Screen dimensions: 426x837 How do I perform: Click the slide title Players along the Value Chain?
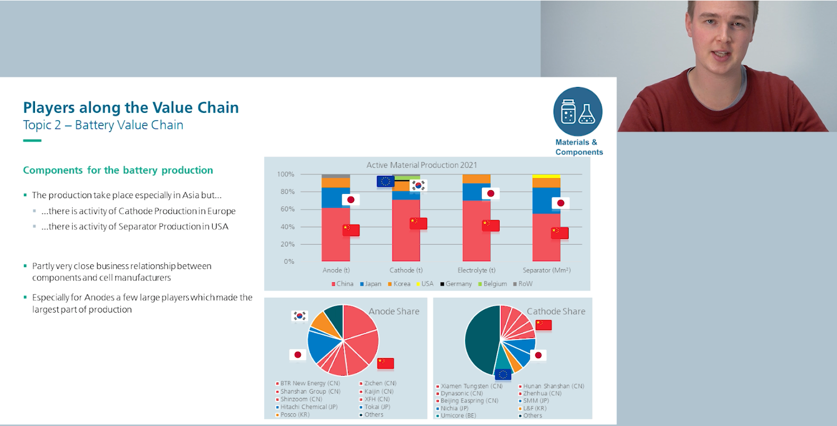(x=130, y=108)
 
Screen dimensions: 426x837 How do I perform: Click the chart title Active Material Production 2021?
(x=422, y=165)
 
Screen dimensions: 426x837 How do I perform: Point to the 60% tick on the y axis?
(x=287, y=209)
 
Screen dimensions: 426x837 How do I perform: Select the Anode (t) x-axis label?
(x=336, y=270)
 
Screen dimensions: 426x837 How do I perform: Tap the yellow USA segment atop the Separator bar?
(x=546, y=176)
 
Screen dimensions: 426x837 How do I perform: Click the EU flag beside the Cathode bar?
(x=385, y=182)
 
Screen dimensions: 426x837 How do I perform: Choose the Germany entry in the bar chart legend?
(x=458, y=284)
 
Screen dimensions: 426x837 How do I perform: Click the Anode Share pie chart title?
(x=394, y=312)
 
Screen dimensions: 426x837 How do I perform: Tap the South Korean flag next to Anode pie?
(x=300, y=316)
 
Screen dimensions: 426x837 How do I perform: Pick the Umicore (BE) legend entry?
(x=458, y=415)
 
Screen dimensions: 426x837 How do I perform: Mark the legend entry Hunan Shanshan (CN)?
(x=553, y=386)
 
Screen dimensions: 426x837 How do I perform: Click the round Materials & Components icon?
(x=578, y=112)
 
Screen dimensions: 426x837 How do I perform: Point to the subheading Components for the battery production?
(x=118, y=170)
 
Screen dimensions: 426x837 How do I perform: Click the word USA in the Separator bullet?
(x=220, y=226)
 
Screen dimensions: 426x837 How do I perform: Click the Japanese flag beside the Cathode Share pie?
(x=538, y=355)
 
